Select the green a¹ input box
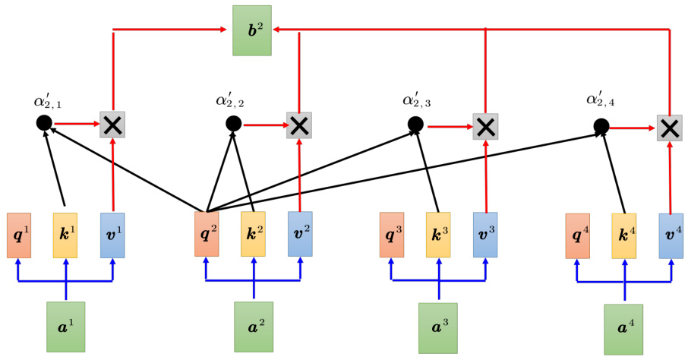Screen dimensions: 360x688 65,327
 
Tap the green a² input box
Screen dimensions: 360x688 253,327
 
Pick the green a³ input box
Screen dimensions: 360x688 438,327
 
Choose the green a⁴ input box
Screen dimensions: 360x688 623,329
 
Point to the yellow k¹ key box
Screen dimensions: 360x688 65,235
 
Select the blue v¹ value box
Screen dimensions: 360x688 112,235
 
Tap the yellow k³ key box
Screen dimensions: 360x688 438,235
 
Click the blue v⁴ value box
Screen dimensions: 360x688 670,236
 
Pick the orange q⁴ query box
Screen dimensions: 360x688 577,236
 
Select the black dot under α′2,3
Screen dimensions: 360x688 415,123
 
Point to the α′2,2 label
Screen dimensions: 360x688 229,99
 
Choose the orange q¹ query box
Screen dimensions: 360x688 19,235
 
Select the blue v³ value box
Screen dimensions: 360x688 485,235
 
